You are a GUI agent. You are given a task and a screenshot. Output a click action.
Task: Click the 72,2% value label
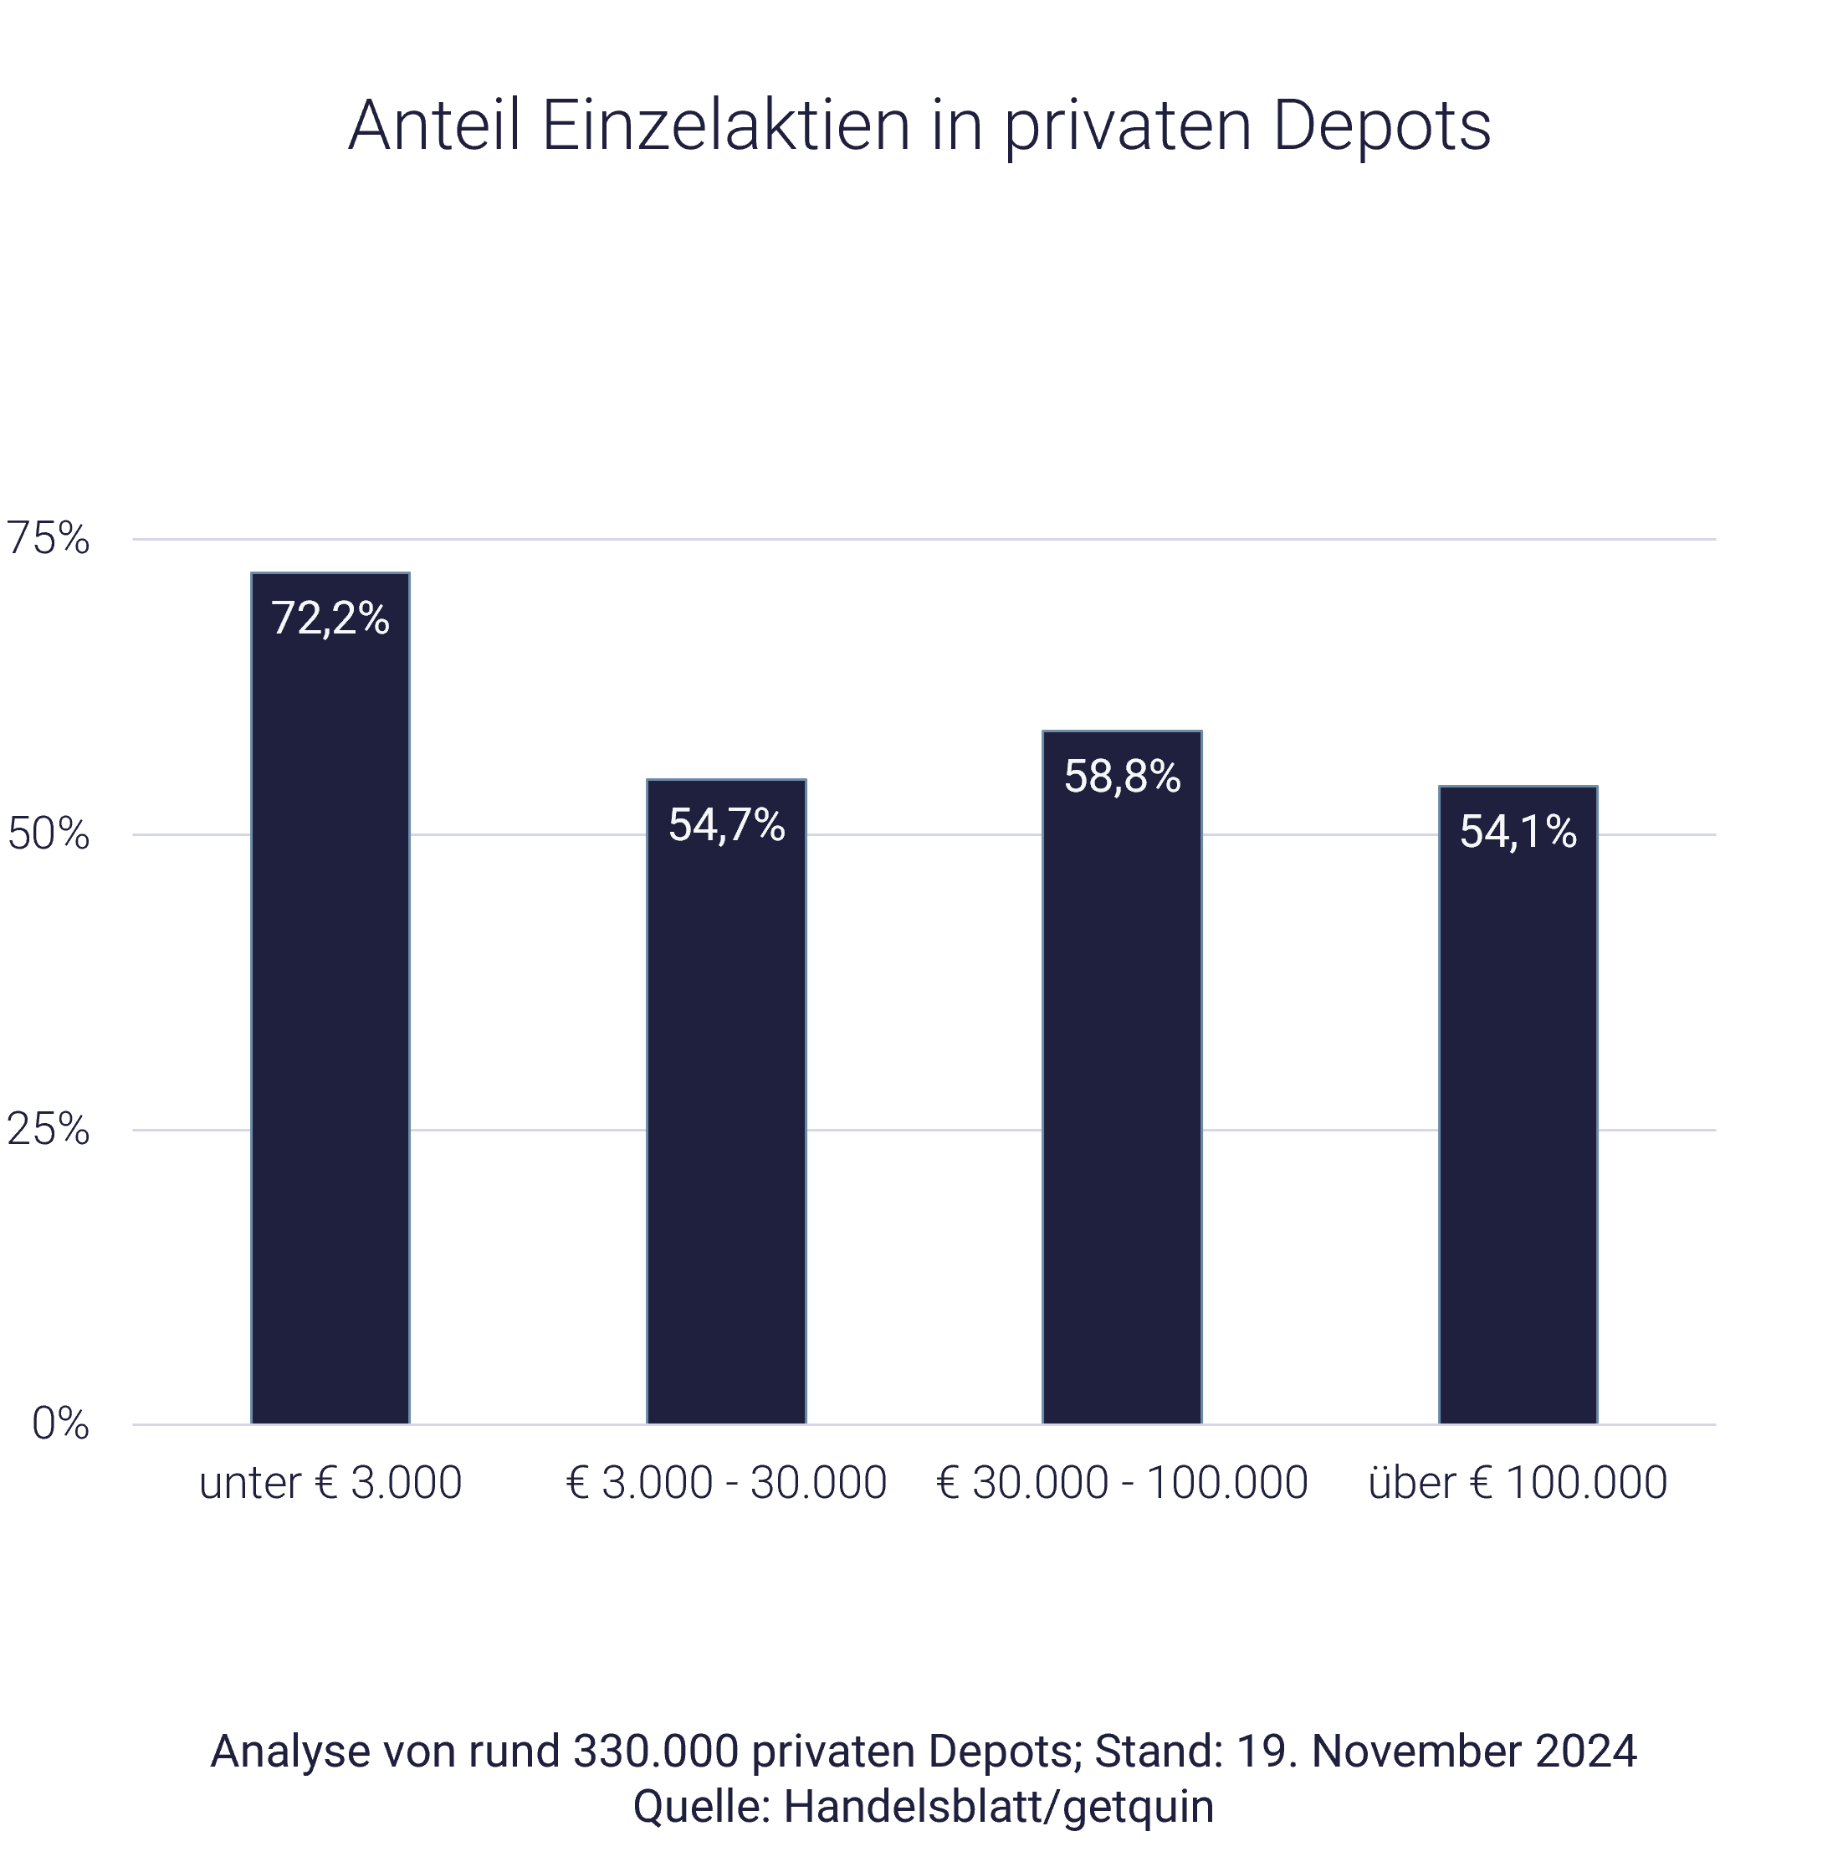click(x=330, y=618)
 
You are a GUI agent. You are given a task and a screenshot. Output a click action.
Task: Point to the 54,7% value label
click(x=726, y=825)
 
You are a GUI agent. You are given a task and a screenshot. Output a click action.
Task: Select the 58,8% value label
click(x=1123, y=777)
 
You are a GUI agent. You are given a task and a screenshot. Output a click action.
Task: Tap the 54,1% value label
click(x=1518, y=832)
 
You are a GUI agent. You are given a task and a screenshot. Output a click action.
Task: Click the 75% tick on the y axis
click(x=49, y=539)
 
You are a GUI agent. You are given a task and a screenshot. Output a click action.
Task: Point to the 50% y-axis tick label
click(x=49, y=834)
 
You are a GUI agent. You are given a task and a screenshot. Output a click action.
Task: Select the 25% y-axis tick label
click(x=49, y=1130)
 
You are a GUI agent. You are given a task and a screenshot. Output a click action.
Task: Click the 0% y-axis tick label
click(x=59, y=1424)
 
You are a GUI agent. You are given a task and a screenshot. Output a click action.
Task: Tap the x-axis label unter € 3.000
click(x=330, y=1483)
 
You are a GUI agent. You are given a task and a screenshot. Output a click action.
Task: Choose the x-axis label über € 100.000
click(x=1518, y=1483)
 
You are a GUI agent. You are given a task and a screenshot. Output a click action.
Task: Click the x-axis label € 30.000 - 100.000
click(x=1123, y=1483)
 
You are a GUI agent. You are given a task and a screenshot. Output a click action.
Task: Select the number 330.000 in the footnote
click(x=655, y=1752)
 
